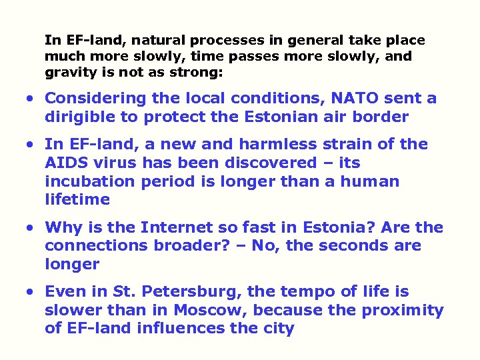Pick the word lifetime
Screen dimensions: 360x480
(x=77, y=200)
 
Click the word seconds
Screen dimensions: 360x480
(x=355, y=246)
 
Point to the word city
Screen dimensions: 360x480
(x=278, y=329)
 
